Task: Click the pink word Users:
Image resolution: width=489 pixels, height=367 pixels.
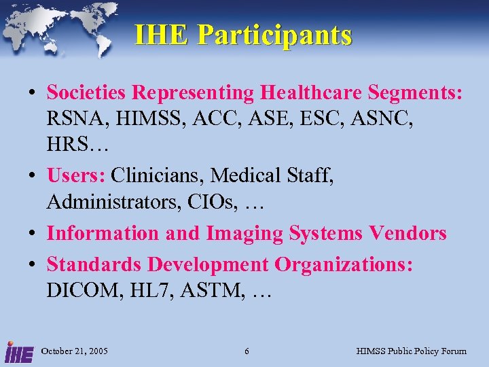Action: point(75,175)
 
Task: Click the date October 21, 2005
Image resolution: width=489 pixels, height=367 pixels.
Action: point(75,351)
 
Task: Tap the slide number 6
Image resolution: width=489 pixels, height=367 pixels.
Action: point(247,351)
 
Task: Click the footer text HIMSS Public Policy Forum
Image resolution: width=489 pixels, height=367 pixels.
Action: point(412,351)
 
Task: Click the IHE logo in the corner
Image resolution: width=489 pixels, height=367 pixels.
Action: point(18,351)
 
